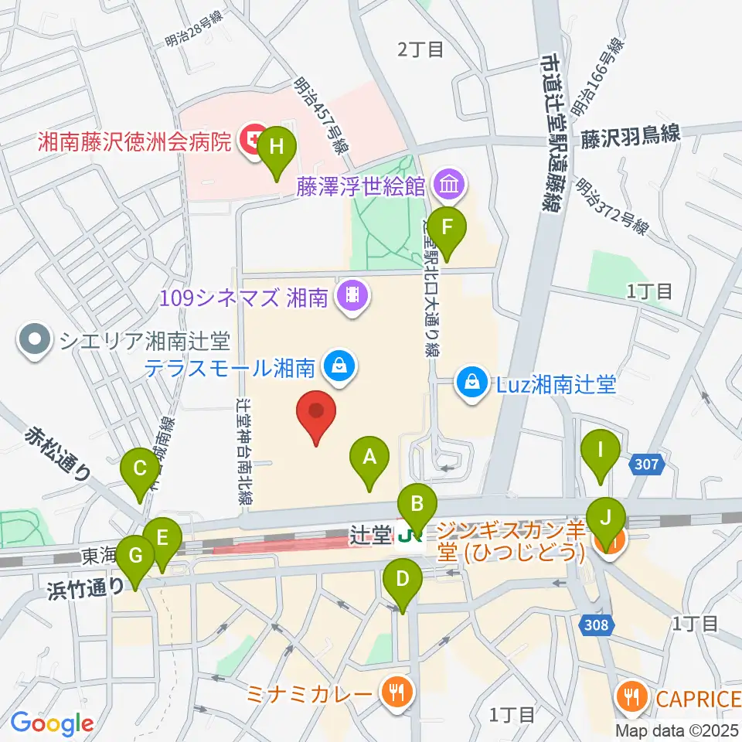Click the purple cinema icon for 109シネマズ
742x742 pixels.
pos(352,294)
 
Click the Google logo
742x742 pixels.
pos(52,723)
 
